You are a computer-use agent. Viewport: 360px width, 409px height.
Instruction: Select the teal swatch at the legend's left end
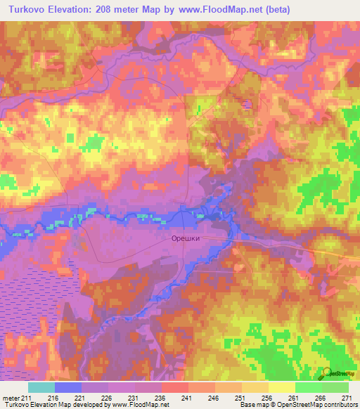coord(41,387)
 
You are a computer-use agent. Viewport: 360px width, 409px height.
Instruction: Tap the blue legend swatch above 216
coord(68,387)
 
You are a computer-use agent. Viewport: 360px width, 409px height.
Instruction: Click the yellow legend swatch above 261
coord(281,387)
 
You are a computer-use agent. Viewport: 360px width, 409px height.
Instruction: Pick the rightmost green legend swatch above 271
coord(335,387)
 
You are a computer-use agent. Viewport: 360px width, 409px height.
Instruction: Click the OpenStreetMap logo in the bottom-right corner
coord(336,372)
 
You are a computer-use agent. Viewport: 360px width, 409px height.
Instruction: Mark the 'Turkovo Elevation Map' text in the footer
coord(35,405)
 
